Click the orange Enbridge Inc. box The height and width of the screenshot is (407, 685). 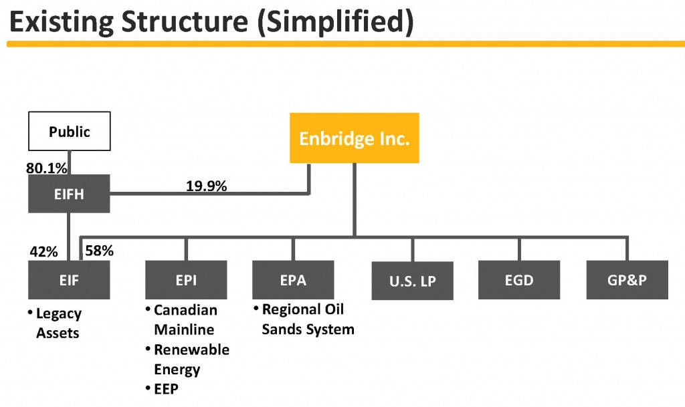click(354, 138)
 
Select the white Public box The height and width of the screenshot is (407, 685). click(69, 131)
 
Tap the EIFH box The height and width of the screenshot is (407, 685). click(69, 194)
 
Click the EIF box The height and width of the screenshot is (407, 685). click(69, 280)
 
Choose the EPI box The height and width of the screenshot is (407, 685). click(186, 280)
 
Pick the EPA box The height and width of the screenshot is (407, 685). click(293, 280)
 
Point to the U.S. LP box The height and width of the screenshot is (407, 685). click(412, 281)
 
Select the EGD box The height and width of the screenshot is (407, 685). click(519, 280)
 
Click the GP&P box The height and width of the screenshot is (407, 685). click(627, 280)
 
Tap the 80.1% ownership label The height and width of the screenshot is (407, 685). click(47, 168)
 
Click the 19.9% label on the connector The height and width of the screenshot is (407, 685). click(206, 186)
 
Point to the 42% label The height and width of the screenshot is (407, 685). click(43, 252)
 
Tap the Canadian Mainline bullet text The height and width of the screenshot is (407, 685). click(185, 319)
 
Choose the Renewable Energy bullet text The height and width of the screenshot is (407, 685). click(191, 359)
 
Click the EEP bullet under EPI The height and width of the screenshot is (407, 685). click(166, 389)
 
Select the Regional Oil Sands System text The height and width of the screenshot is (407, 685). click(306, 319)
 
